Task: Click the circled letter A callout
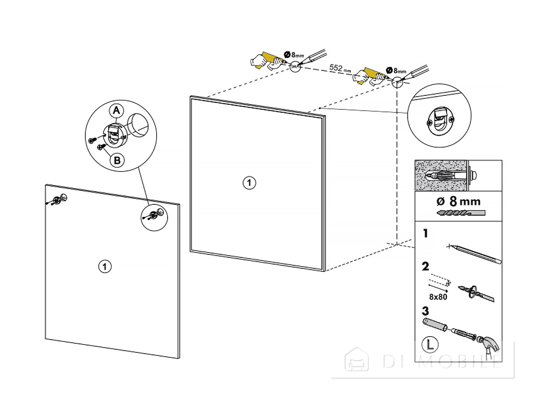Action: pyautogui.click(x=116, y=111)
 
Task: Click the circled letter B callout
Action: pyautogui.click(x=117, y=160)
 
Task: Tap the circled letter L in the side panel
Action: pyautogui.click(x=430, y=344)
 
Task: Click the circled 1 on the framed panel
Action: pyautogui.click(x=249, y=183)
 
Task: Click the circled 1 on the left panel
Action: pyautogui.click(x=105, y=267)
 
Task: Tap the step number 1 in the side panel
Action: pyautogui.click(x=425, y=234)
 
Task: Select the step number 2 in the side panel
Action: pyautogui.click(x=425, y=267)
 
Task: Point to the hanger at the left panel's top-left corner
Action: pyautogui.click(x=57, y=200)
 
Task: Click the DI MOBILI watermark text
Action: pyautogui.click(x=441, y=361)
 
